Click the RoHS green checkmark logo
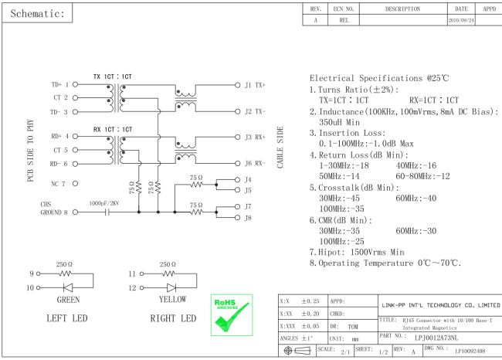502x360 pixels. point(232,315)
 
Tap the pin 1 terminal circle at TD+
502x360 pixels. point(75,84)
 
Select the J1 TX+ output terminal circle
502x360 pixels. point(237,85)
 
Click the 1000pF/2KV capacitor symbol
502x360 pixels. point(107,212)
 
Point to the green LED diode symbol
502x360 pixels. point(68,287)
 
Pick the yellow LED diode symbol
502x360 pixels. point(171,287)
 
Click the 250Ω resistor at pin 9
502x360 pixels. point(66,273)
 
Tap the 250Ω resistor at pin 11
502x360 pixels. point(168,273)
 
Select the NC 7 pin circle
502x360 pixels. point(75,184)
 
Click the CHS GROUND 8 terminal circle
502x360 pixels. point(75,212)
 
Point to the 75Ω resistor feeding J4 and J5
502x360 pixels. point(196,185)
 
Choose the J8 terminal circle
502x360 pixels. point(237,218)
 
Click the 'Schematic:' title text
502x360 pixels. point(38,13)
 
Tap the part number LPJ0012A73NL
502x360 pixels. point(436,338)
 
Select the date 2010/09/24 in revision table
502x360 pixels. point(461,20)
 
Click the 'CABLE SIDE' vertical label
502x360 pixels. point(280,148)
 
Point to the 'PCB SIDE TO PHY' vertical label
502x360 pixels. point(30,151)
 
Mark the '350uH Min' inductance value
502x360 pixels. point(339,122)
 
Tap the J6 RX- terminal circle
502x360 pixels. point(237,163)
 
